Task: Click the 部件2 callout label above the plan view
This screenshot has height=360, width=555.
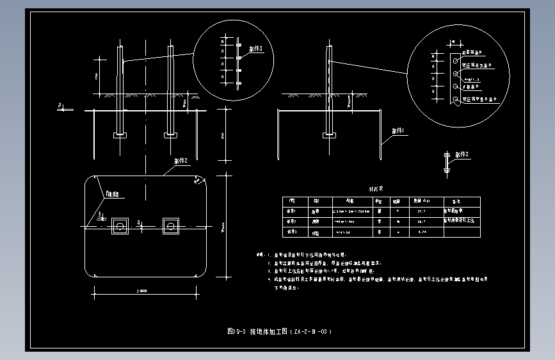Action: pyautogui.click(x=181, y=161)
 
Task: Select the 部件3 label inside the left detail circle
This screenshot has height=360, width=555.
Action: pyautogui.click(x=255, y=48)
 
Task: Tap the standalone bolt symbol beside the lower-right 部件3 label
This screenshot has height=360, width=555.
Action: pyautogui.click(x=446, y=162)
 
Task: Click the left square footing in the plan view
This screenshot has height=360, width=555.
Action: pyautogui.click(x=120, y=225)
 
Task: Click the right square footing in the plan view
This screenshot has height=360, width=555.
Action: pyautogui.click(x=170, y=225)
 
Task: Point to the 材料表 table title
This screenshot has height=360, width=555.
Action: pyautogui.click(x=375, y=190)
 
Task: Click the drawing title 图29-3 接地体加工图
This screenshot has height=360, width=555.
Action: pyautogui.click(x=280, y=332)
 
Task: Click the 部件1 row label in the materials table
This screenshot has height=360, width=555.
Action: pyautogui.click(x=291, y=210)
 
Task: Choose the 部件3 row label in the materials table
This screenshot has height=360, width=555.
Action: pyautogui.click(x=291, y=232)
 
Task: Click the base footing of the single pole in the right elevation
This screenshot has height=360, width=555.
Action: pyautogui.click(x=330, y=135)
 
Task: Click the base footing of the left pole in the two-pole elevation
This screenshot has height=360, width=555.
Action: pyautogui.click(x=120, y=135)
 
